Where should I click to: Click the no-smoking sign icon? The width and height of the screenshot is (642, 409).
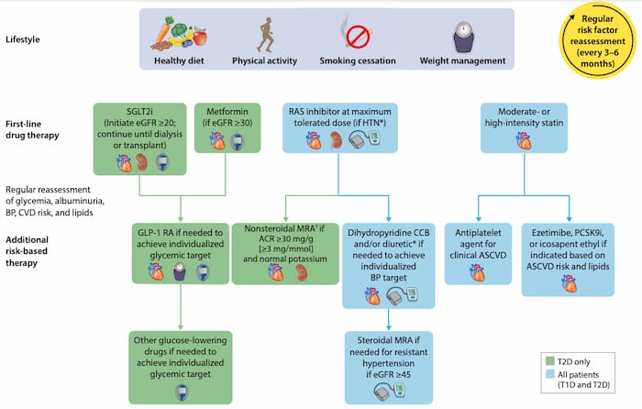pos(358,36)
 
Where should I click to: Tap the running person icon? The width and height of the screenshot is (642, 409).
pos(265,35)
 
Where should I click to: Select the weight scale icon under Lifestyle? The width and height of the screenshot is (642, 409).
pos(463,37)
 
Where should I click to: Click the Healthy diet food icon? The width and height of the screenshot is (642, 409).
pos(179,34)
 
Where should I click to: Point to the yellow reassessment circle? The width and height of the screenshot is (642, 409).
pos(597,40)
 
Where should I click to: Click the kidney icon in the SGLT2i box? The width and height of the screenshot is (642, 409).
pos(142,162)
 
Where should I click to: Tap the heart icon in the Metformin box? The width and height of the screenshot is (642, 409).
pos(217,141)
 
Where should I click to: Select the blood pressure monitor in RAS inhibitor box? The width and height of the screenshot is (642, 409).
pos(365,139)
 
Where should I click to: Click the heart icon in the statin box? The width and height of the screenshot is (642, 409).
pos(524,141)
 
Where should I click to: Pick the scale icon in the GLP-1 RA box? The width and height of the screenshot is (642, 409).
pos(180,271)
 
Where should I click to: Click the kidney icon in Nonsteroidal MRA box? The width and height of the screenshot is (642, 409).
pos(302,272)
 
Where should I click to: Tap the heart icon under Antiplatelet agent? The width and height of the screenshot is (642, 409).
pos(478,272)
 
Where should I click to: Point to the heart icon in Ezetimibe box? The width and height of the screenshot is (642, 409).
pos(569,283)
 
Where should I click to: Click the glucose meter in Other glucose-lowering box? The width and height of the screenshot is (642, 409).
pos(181,392)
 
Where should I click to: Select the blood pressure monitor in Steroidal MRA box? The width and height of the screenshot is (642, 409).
pos(389,392)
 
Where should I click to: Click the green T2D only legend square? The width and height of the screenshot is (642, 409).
pos(550,361)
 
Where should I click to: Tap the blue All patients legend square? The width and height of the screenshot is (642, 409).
pos(550,374)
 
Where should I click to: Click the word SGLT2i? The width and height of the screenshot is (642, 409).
pos(139,111)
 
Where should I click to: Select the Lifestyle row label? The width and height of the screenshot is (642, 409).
pos(23,39)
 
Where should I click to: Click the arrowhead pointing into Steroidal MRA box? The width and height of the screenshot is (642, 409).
pos(389,327)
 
